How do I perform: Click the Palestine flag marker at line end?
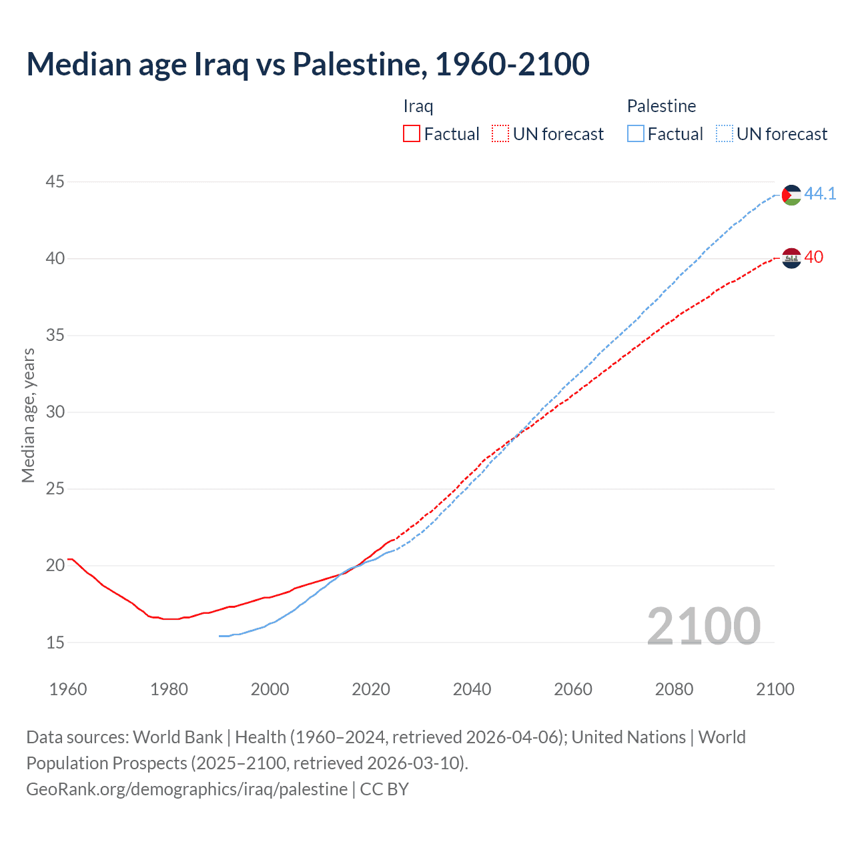[791, 195]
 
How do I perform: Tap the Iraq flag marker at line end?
[791, 258]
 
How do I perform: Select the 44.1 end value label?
[820, 193]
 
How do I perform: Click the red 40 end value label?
[814, 257]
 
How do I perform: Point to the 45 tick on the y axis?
[55, 181]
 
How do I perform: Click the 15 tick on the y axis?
[55, 643]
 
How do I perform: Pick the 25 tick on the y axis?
[55, 488]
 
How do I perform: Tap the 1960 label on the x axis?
[68, 689]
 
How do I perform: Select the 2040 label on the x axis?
[472, 689]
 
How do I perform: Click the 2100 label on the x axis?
[775, 689]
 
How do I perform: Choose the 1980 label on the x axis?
[169, 689]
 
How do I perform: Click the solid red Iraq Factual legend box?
[412, 134]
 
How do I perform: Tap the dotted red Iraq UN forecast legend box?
[500, 134]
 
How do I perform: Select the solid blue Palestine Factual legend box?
[636, 134]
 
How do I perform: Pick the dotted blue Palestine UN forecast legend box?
[725, 134]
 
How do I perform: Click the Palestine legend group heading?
[661, 106]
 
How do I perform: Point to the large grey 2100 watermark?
[703, 626]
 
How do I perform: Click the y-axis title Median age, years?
[28, 415]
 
